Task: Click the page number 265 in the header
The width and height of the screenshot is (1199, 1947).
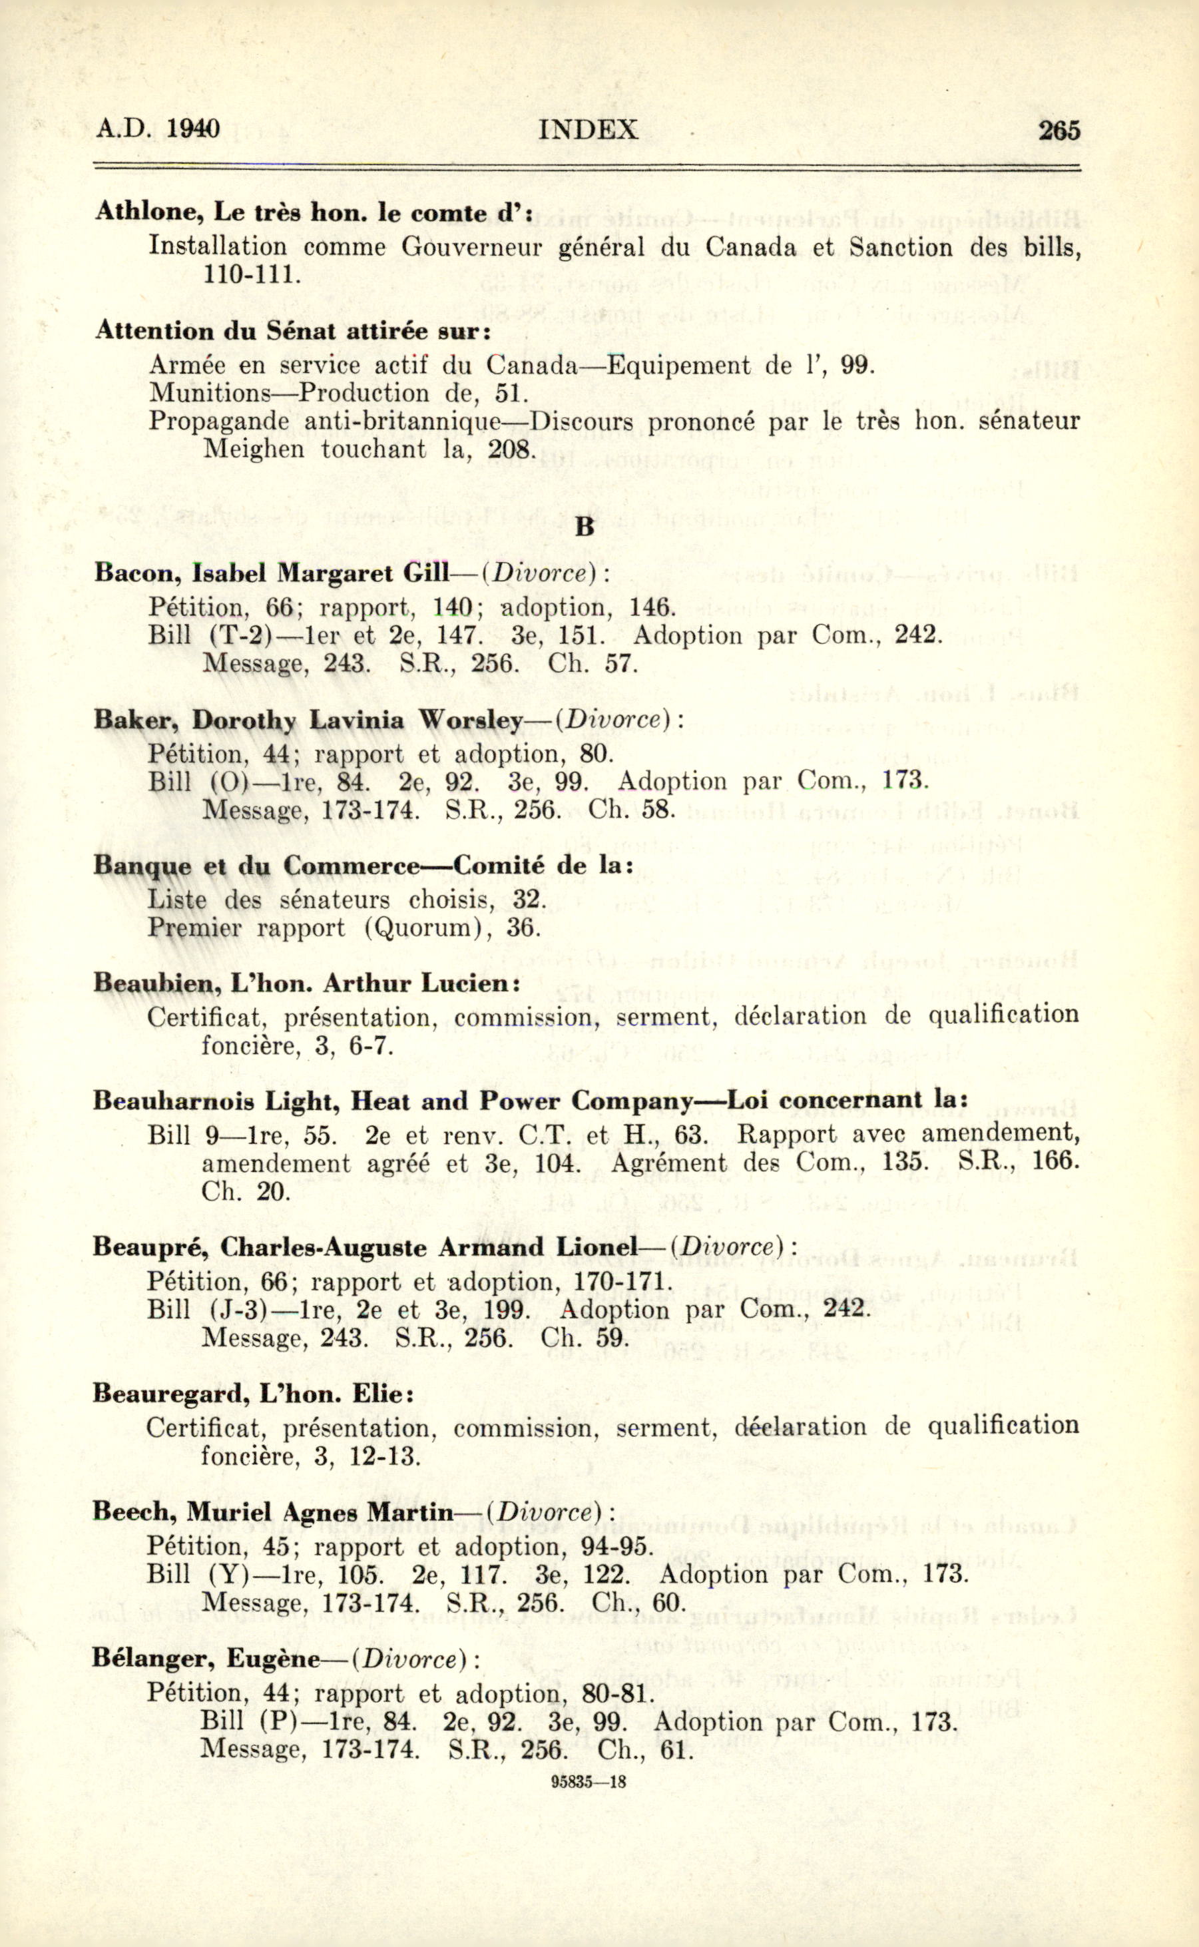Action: pyautogui.click(x=1059, y=130)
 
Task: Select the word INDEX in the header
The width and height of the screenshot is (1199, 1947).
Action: pyautogui.click(x=588, y=129)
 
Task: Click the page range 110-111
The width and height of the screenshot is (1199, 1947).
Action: pyautogui.click(x=252, y=274)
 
